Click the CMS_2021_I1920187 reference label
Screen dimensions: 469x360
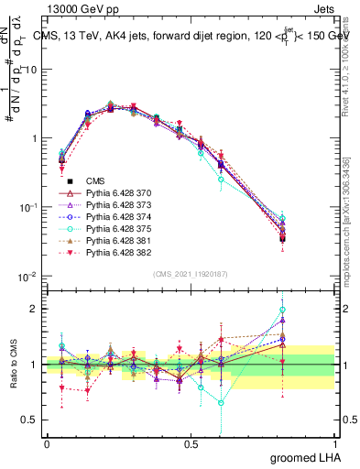(190, 274)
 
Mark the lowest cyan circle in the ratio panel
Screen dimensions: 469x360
(221, 402)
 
